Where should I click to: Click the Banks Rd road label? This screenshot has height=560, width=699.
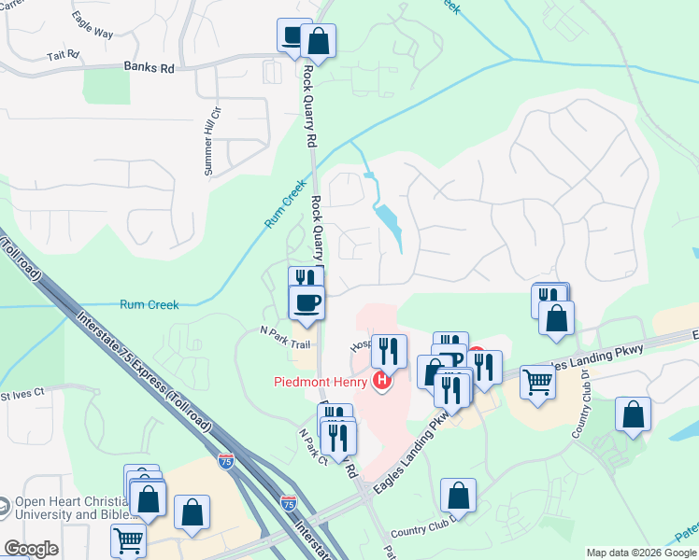click(149, 67)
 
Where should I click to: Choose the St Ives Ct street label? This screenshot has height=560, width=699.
click(22, 394)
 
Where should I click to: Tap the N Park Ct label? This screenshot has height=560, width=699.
click(311, 447)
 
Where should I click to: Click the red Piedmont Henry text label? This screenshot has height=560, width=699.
click(321, 381)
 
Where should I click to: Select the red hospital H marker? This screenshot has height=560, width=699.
click(381, 381)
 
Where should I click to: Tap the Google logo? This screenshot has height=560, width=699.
click(31, 548)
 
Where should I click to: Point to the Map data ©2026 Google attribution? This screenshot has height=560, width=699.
click(641, 553)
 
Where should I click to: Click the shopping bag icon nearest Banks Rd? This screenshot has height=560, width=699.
click(318, 41)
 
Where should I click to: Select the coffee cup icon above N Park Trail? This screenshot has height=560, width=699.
click(306, 302)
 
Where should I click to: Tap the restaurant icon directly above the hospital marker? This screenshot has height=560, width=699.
click(389, 352)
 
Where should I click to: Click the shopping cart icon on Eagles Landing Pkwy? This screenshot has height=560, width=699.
click(537, 381)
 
